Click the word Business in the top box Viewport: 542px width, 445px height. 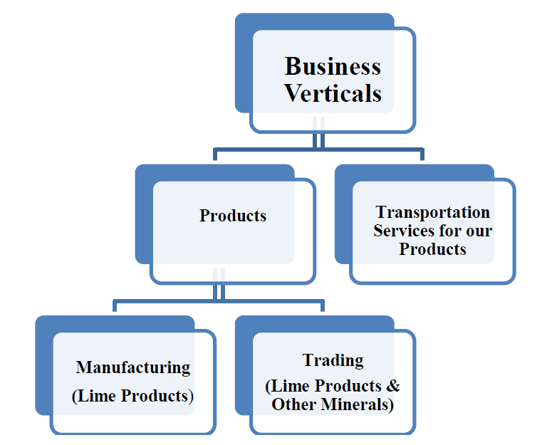333,66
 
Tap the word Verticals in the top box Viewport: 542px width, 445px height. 333,93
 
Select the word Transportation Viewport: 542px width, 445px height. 433,212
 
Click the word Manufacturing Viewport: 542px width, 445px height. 133,367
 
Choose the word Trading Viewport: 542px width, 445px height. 333,360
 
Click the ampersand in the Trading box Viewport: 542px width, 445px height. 393,386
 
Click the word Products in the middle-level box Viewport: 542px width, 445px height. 233,216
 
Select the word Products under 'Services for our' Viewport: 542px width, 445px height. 433,249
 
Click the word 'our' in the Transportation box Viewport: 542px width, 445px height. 479,231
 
